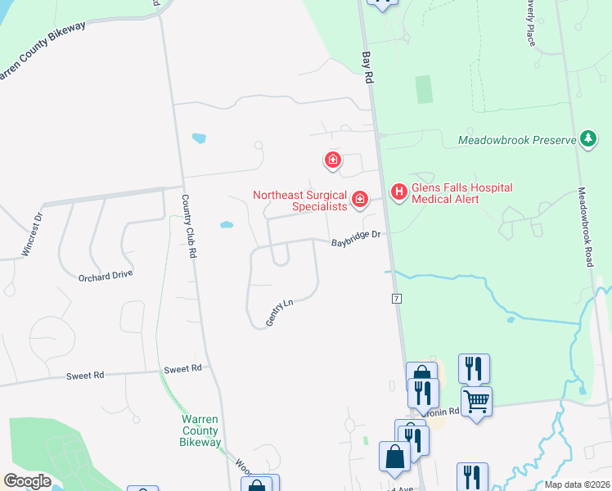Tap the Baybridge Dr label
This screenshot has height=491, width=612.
click(357, 238)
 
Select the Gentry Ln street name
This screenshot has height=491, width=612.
click(279, 313)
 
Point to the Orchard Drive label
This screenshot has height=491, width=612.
click(106, 274)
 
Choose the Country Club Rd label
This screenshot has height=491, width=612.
click(190, 227)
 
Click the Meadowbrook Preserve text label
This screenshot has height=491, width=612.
click(518, 140)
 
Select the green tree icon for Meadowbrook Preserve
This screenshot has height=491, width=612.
click(587, 139)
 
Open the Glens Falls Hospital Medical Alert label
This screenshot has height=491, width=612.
click(462, 193)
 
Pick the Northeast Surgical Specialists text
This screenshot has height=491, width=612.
click(300, 200)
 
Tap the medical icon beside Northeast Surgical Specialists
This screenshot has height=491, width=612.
click(358, 199)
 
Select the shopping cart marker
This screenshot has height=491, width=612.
click(476, 402)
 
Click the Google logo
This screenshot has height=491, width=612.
click(28, 481)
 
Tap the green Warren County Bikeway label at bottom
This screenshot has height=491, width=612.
click(200, 430)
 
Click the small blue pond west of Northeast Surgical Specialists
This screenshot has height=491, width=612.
click(227, 224)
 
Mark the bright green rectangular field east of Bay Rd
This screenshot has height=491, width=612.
click(424, 89)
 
